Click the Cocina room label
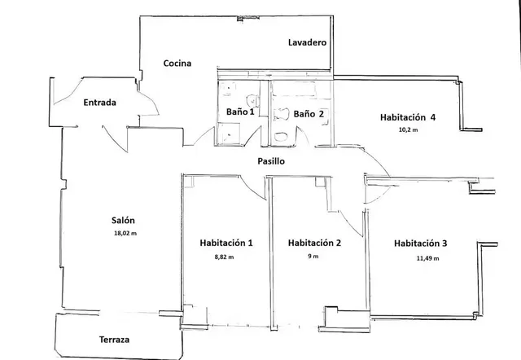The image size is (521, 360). [x=177, y=64]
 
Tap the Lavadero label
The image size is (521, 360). [x=307, y=42]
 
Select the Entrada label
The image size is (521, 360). [x=99, y=103]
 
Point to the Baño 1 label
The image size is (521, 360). [x=240, y=112]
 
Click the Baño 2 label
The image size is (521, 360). [x=309, y=114]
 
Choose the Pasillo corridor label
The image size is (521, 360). [x=271, y=161]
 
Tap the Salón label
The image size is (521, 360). [x=123, y=221]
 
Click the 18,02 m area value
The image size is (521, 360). [x=125, y=234]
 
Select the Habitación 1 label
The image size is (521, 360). [x=226, y=243]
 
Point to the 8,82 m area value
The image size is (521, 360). [x=224, y=257]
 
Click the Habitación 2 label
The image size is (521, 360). [x=314, y=243]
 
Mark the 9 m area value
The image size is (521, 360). [x=313, y=257]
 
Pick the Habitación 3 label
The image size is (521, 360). [x=420, y=244]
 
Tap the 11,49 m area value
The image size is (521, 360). [x=427, y=258]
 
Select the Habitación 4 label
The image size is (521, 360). [x=408, y=117]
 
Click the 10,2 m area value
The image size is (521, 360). [x=408, y=130]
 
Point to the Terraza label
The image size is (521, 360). [x=114, y=340]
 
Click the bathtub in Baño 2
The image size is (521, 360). [x=293, y=89]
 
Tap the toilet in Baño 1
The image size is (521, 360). [x=252, y=100]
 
